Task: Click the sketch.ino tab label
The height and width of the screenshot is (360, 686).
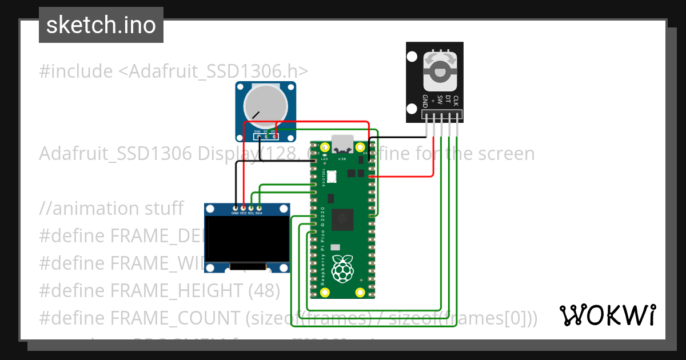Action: coord(101,25)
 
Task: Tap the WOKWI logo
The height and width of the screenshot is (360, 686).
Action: coord(607,315)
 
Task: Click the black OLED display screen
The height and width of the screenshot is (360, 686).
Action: coord(247,238)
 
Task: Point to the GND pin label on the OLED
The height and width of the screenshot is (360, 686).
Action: coord(235,213)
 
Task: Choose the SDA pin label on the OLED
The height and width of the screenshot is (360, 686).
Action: coord(259,213)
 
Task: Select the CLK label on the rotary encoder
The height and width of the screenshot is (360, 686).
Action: coord(456,101)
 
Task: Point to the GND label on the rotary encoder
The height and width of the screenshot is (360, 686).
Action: coord(425,101)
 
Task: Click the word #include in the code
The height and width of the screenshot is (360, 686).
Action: coord(76,71)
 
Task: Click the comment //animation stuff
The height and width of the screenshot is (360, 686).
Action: coord(111,208)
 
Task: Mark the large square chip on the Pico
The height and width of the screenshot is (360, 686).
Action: coord(343,219)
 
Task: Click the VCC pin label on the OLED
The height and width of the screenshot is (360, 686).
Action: coord(243,213)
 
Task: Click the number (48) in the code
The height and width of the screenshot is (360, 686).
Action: coord(264,290)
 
